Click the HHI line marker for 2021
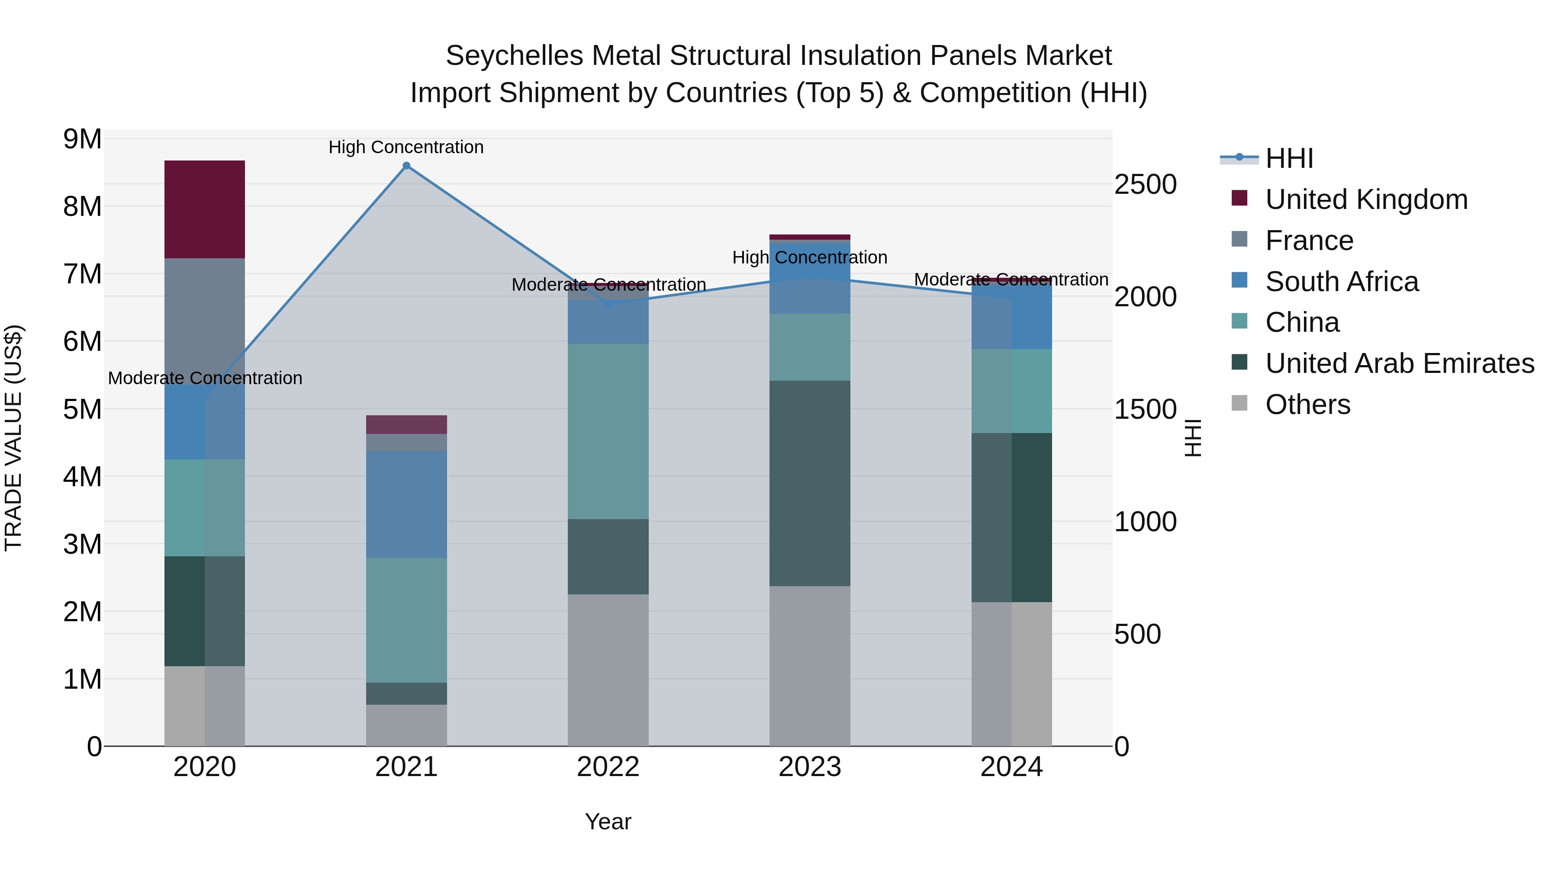point(406,166)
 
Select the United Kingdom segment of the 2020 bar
point(204,209)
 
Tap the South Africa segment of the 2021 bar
point(406,504)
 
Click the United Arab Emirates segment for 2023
point(809,483)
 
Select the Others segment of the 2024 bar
point(1011,674)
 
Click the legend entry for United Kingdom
point(1366,199)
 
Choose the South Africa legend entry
point(1342,282)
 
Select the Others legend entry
point(1307,404)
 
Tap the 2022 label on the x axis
point(608,767)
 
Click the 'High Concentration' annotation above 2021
point(406,147)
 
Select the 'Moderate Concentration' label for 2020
point(205,378)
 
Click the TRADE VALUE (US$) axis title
point(13,438)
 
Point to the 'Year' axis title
point(608,821)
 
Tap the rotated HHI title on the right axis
point(1192,438)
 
